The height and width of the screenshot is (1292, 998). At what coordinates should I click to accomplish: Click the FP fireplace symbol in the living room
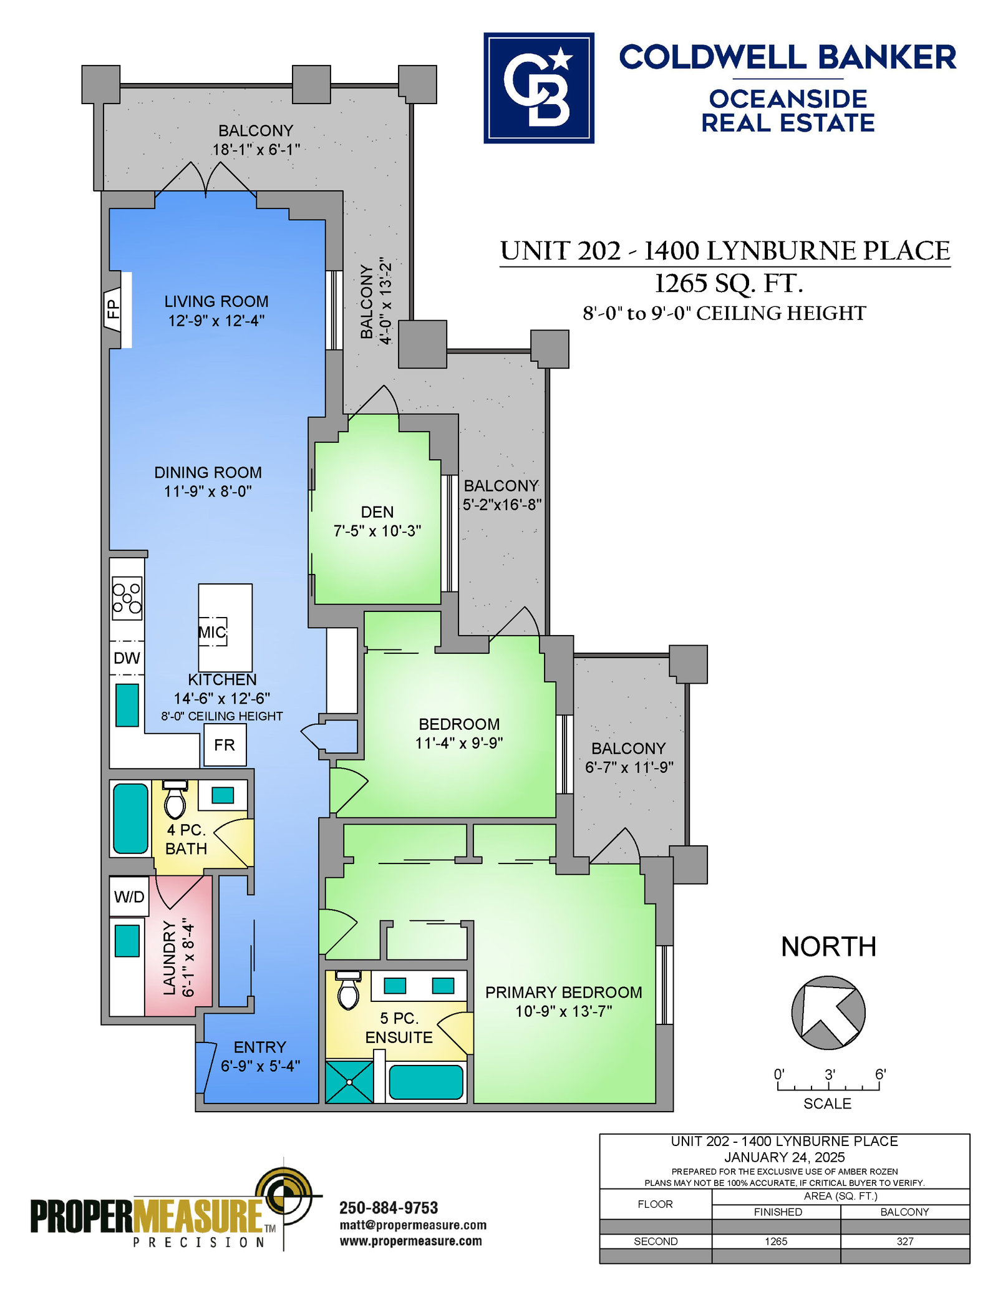pyautogui.click(x=113, y=309)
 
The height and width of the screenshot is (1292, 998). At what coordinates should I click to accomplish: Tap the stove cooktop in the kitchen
pyautogui.click(x=127, y=598)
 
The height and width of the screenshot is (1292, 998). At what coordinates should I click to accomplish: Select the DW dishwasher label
pyautogui.click(x=127, y=658)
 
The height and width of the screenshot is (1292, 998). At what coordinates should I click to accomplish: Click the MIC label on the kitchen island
pyautogui.click(x=212, y=632)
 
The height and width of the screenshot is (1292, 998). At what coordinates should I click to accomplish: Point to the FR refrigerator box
pyautogui.click(x=225, y=745)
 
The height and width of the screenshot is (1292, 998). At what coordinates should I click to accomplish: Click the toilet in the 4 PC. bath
pyautogui.click(x=175, y=799)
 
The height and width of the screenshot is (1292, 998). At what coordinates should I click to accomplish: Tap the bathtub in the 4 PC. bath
pyautogui.click(x=131, y=818)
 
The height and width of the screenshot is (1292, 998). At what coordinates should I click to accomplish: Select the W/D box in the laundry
pyautogui.click(x=129, y=896)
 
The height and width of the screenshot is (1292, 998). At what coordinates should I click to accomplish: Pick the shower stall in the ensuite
pyautogui.click(x=349, y=1082)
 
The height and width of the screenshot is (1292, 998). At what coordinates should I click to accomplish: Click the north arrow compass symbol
pyautogui.click(x=828, y=1012)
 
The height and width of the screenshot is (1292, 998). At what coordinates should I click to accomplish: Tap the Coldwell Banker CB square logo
pyautogui.click(x=539, y=88)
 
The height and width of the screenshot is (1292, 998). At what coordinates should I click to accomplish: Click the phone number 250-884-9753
pyautogui.click(x=389, y=1208)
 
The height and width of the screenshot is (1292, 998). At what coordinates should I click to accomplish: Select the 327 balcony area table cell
pyautogui.click(x=905, y=1241)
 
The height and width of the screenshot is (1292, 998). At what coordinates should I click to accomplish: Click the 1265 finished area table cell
pyautogui.click(x=776, y=1241)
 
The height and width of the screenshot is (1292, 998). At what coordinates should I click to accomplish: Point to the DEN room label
pyautogui.click(x=377, y=512)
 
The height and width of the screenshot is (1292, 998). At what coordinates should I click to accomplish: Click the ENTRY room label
pyautogui.click(x=260, y=1047)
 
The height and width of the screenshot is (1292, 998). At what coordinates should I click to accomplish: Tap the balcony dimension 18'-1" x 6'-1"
pyautogui.click(x=256, y=150)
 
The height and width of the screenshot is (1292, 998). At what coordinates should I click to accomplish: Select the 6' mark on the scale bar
pyautogui.click(x=880, y=1074)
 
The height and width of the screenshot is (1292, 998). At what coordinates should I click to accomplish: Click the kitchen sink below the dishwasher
pyautogui.click(x=127, y=705)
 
